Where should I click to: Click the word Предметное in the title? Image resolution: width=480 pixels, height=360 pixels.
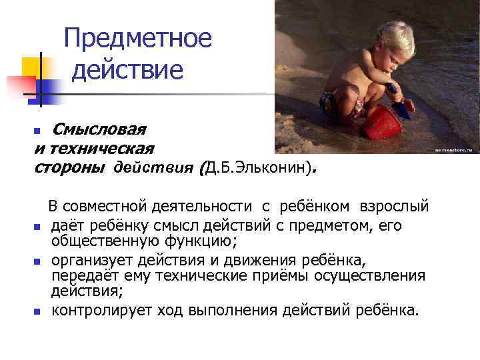point(138,38)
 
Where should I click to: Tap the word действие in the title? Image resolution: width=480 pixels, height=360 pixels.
point(127,69)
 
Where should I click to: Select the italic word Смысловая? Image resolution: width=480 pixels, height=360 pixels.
point(99,128)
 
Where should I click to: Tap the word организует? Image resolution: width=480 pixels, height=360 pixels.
point(93,259)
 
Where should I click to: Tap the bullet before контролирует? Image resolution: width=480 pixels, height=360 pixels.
point(38,311)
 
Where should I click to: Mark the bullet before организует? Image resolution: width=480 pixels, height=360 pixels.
point(38,261)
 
